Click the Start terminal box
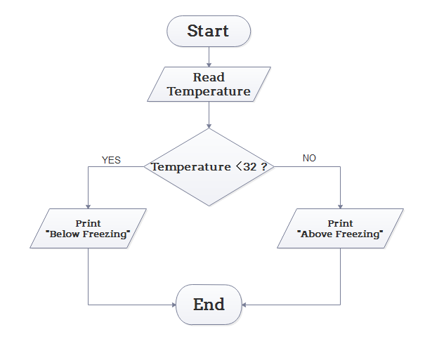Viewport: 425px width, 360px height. [209, 31]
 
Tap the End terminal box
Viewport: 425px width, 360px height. [209, 304]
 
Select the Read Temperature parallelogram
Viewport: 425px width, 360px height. [209, 84]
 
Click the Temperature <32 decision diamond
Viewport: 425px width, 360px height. [209, 167]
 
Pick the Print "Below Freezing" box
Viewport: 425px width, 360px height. [88, 229]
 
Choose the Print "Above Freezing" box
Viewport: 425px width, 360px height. [341, 229]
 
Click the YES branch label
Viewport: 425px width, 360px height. [111, 160]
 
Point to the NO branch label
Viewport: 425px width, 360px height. [309, 158]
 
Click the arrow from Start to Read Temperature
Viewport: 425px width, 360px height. [209, 57]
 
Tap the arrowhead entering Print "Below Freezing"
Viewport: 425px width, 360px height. [88, 206]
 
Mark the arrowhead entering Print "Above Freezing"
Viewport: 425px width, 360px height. [341, 206]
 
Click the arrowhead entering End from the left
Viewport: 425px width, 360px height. [172, 305]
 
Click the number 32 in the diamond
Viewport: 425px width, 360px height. [249, 167]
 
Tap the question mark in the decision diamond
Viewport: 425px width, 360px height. [263, 167]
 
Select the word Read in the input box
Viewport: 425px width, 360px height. [209, 77]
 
